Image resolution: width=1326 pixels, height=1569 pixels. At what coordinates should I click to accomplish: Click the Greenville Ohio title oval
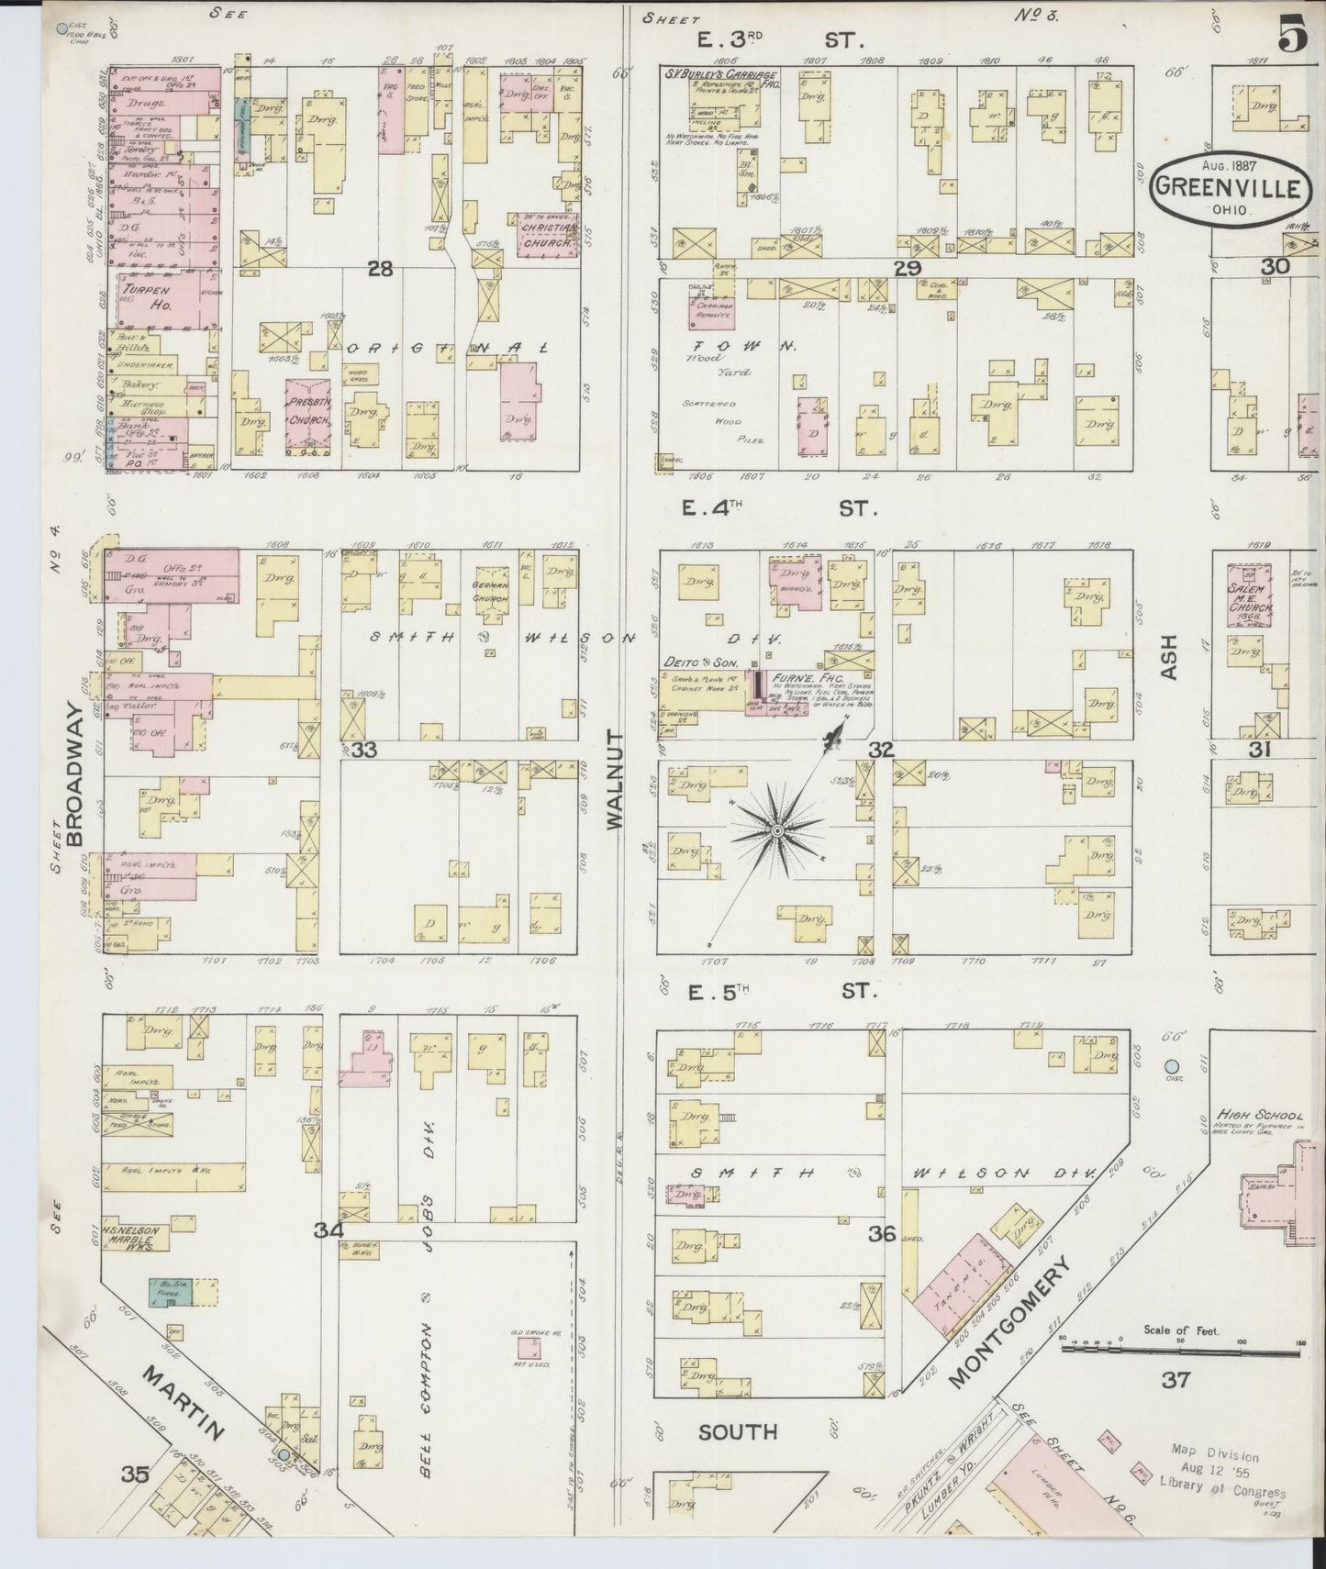click(1227, 187)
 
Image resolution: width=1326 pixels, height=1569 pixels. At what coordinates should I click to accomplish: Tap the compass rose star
click(776, 830)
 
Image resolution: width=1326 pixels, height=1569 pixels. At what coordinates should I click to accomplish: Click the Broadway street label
click(78, 773)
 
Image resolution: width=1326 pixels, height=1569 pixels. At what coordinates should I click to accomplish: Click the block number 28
click(380, 268)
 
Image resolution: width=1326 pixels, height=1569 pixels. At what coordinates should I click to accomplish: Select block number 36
click(882, 1234)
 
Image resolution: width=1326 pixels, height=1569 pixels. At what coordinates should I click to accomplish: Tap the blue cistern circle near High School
click(1171, 1066)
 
